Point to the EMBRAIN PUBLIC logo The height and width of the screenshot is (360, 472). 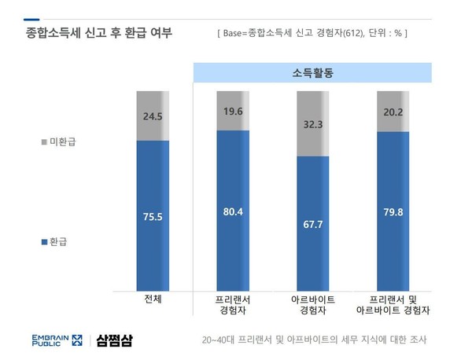click(56, 340)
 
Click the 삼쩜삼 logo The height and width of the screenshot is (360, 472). click(116, 340)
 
